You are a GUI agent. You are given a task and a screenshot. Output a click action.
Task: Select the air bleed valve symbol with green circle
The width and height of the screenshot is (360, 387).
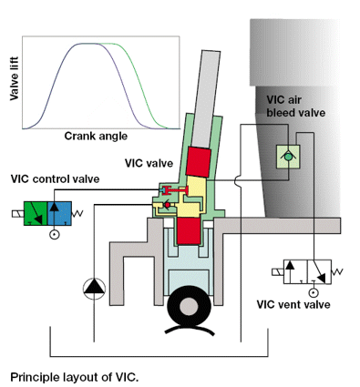coord(289,156)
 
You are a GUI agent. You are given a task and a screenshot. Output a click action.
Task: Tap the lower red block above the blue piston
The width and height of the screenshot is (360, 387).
coord(190,232)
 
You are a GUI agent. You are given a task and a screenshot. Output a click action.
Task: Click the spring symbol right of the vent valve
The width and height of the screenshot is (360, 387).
coord(338,270)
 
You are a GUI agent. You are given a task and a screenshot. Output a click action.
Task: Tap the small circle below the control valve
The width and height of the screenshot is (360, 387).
coord(56,235)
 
